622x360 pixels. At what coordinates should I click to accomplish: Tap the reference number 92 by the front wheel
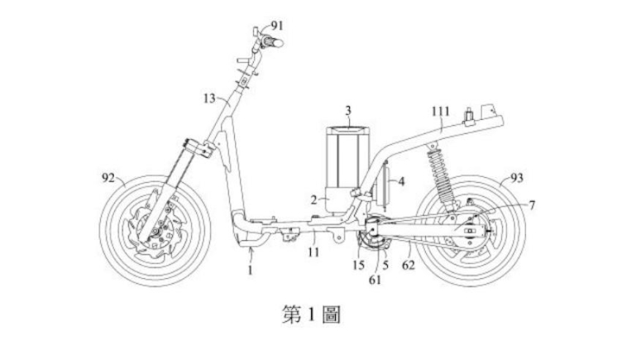click(108, 176)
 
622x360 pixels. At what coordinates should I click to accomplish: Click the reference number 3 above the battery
click(349, 109)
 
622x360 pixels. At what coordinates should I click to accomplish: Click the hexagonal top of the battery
click(347, 127)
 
